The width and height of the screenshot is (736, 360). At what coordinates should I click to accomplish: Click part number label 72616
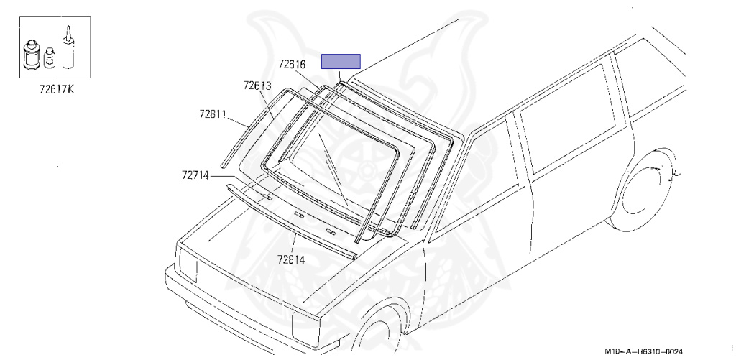tap(292, 64)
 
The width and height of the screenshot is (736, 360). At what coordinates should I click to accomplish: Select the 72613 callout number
tap(257, 86)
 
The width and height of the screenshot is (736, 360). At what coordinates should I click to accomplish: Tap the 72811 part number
tap(213, 114)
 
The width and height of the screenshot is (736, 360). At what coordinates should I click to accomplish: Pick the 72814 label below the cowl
tap(291, 259)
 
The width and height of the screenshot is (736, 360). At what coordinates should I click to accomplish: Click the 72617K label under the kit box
tap(57, 88)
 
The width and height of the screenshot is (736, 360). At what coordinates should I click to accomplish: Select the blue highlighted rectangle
tap(341, 62)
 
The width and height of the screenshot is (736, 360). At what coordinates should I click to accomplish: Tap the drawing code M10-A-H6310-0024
tap(643, 351)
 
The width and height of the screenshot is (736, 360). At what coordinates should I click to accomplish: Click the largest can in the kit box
tap(32, 55)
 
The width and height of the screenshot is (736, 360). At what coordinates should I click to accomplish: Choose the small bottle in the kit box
tap(50, 57)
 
